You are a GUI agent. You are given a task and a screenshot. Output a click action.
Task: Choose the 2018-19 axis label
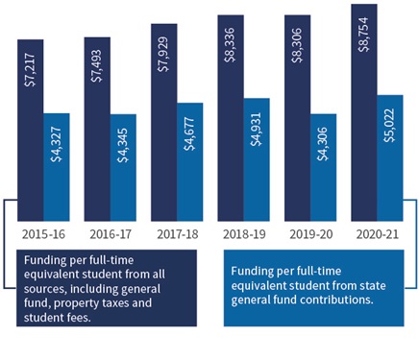pos(243,234)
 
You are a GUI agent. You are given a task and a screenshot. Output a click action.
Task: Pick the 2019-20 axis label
pos(309,234)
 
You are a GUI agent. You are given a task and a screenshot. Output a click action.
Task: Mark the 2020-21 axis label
pos(377,234)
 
